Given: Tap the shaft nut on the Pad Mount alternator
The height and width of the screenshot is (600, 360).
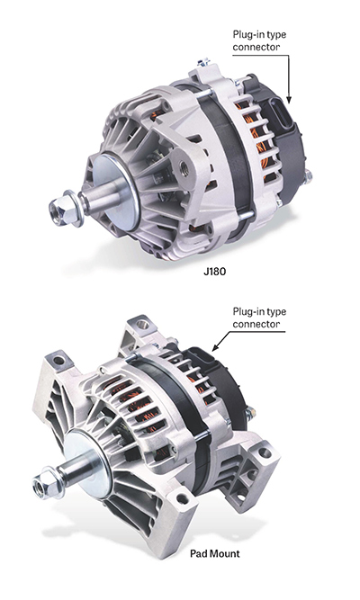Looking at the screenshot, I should (x=43, y=489).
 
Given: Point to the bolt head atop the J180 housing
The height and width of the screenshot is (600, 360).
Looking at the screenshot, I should (x=206, y=63).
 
